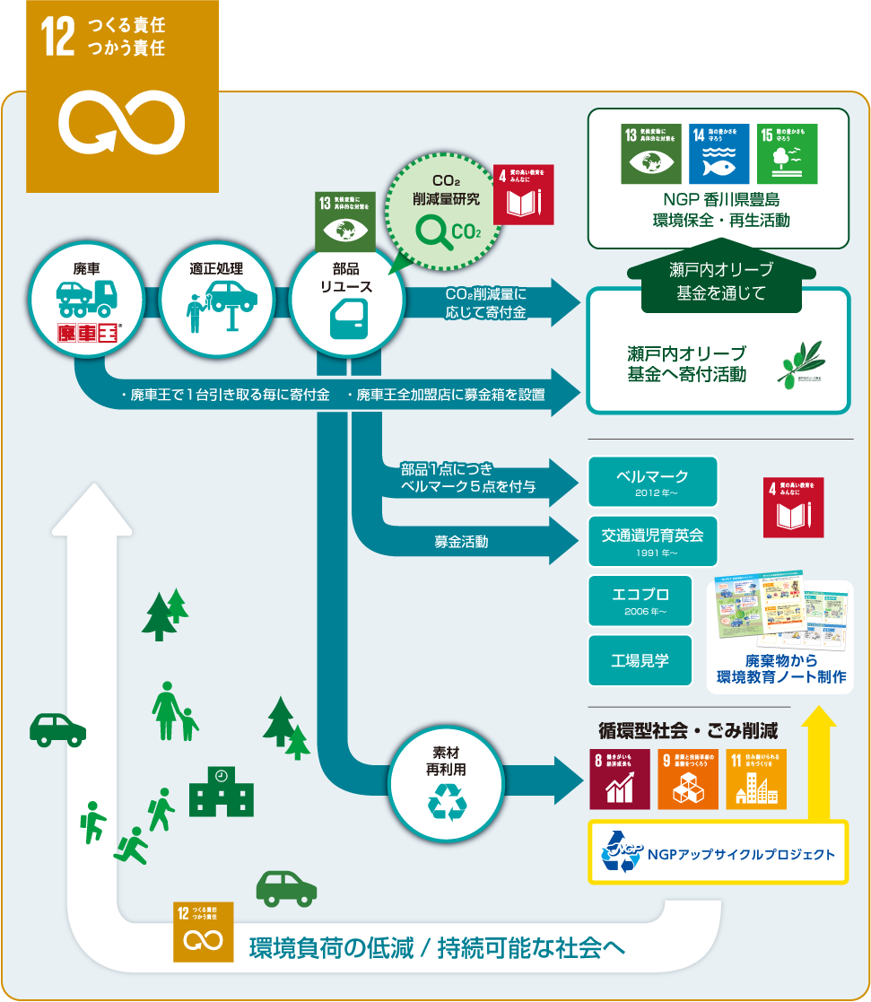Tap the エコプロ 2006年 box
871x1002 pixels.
[x=640, y=600]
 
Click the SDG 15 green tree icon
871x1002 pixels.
[x=785, y=153]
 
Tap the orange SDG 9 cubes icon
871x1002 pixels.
[x=688, y=779]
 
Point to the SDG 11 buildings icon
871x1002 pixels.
[x=756, y=779]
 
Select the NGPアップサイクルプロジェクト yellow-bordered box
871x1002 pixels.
[x=718, y=851]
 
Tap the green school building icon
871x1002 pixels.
[x=221, y=789]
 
